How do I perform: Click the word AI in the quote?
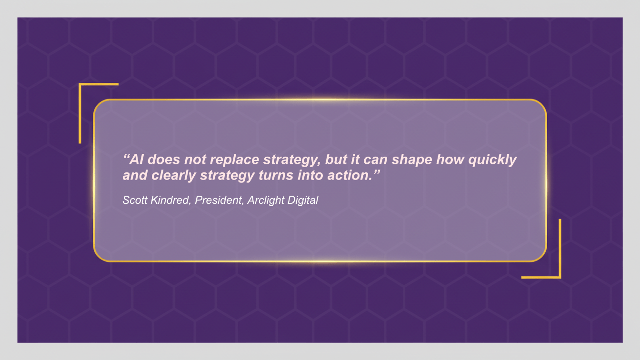coord(137,160)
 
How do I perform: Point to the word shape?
coord(411,160)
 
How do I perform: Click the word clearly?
coord(174,175)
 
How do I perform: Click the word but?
coord(336,160)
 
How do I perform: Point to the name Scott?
coord(134,200)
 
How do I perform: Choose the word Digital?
coord(303,200)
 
